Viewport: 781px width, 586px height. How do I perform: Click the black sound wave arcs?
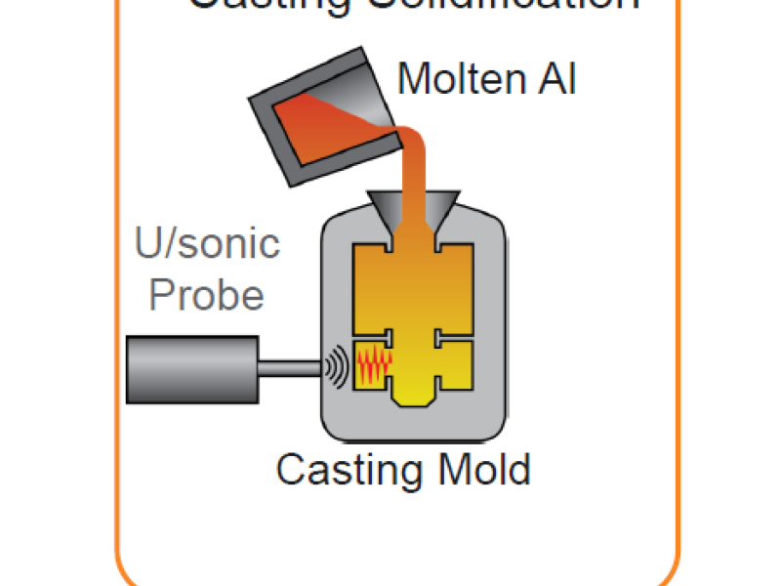click(x=338, y=368)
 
